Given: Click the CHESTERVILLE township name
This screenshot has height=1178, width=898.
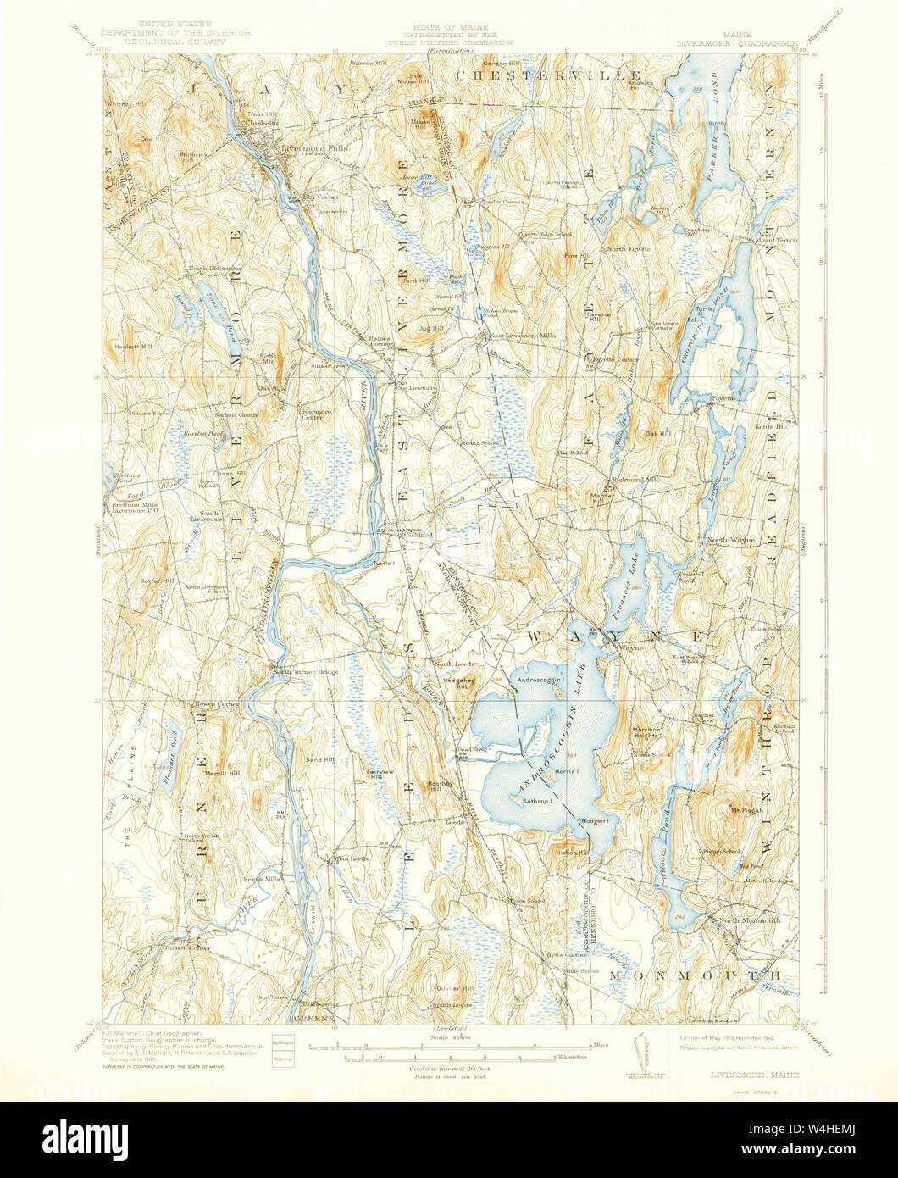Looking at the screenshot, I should (x=548, y=75).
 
